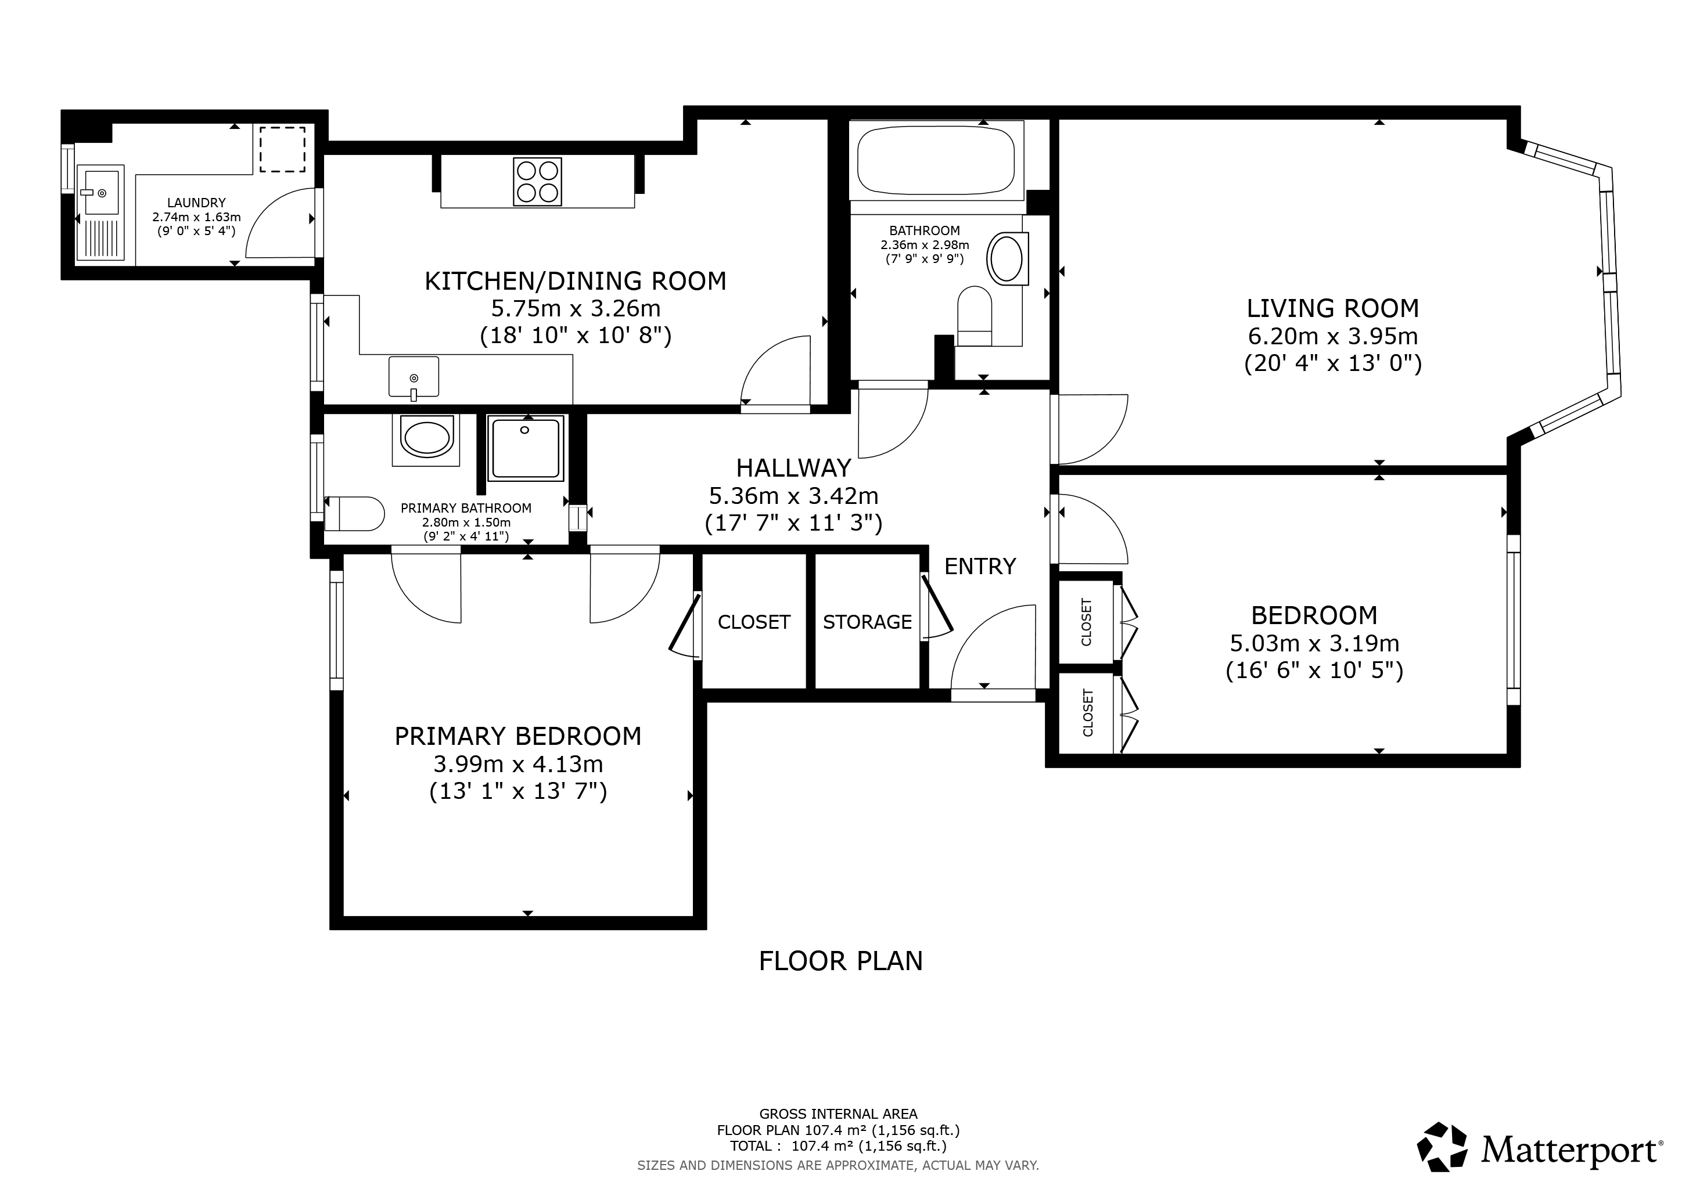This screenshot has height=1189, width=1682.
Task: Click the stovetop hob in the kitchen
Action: point(538,182)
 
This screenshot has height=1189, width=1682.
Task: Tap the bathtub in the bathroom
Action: point(936,160)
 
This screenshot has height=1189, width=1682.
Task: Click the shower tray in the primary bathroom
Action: point(525,448)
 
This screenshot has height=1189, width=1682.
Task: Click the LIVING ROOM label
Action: point(1332,308)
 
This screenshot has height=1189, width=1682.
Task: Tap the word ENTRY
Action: point(980,566)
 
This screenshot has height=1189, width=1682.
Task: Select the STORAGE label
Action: point(867,622)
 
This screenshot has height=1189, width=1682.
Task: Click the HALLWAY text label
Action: point(793,467)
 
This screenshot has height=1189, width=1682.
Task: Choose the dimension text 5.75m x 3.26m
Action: point(576,308)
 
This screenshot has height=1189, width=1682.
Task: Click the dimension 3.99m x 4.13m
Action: point(518,763)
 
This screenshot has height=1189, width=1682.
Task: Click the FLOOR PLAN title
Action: point(840,961)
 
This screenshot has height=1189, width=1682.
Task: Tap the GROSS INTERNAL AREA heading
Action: point(838,1114)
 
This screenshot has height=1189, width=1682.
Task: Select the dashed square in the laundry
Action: point(283,149)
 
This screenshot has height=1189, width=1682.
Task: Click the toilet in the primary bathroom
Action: point(354,513)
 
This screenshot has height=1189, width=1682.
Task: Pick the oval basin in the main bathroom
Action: point(1007,258)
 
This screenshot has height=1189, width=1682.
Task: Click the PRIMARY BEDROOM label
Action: point(518,736)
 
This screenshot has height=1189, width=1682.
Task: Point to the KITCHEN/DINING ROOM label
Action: point(576,281)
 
